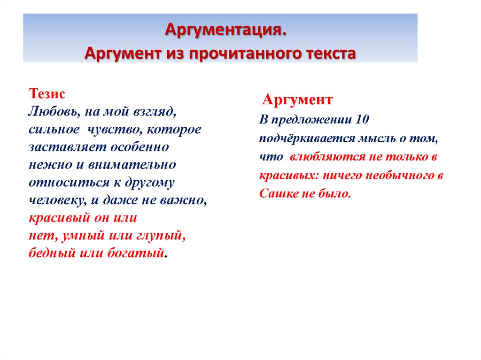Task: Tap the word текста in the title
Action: (x=329, y=53)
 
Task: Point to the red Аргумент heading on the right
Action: (x=297, y=100)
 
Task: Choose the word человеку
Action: (x=56, y=200)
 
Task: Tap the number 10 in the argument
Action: (x=363, y=120)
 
